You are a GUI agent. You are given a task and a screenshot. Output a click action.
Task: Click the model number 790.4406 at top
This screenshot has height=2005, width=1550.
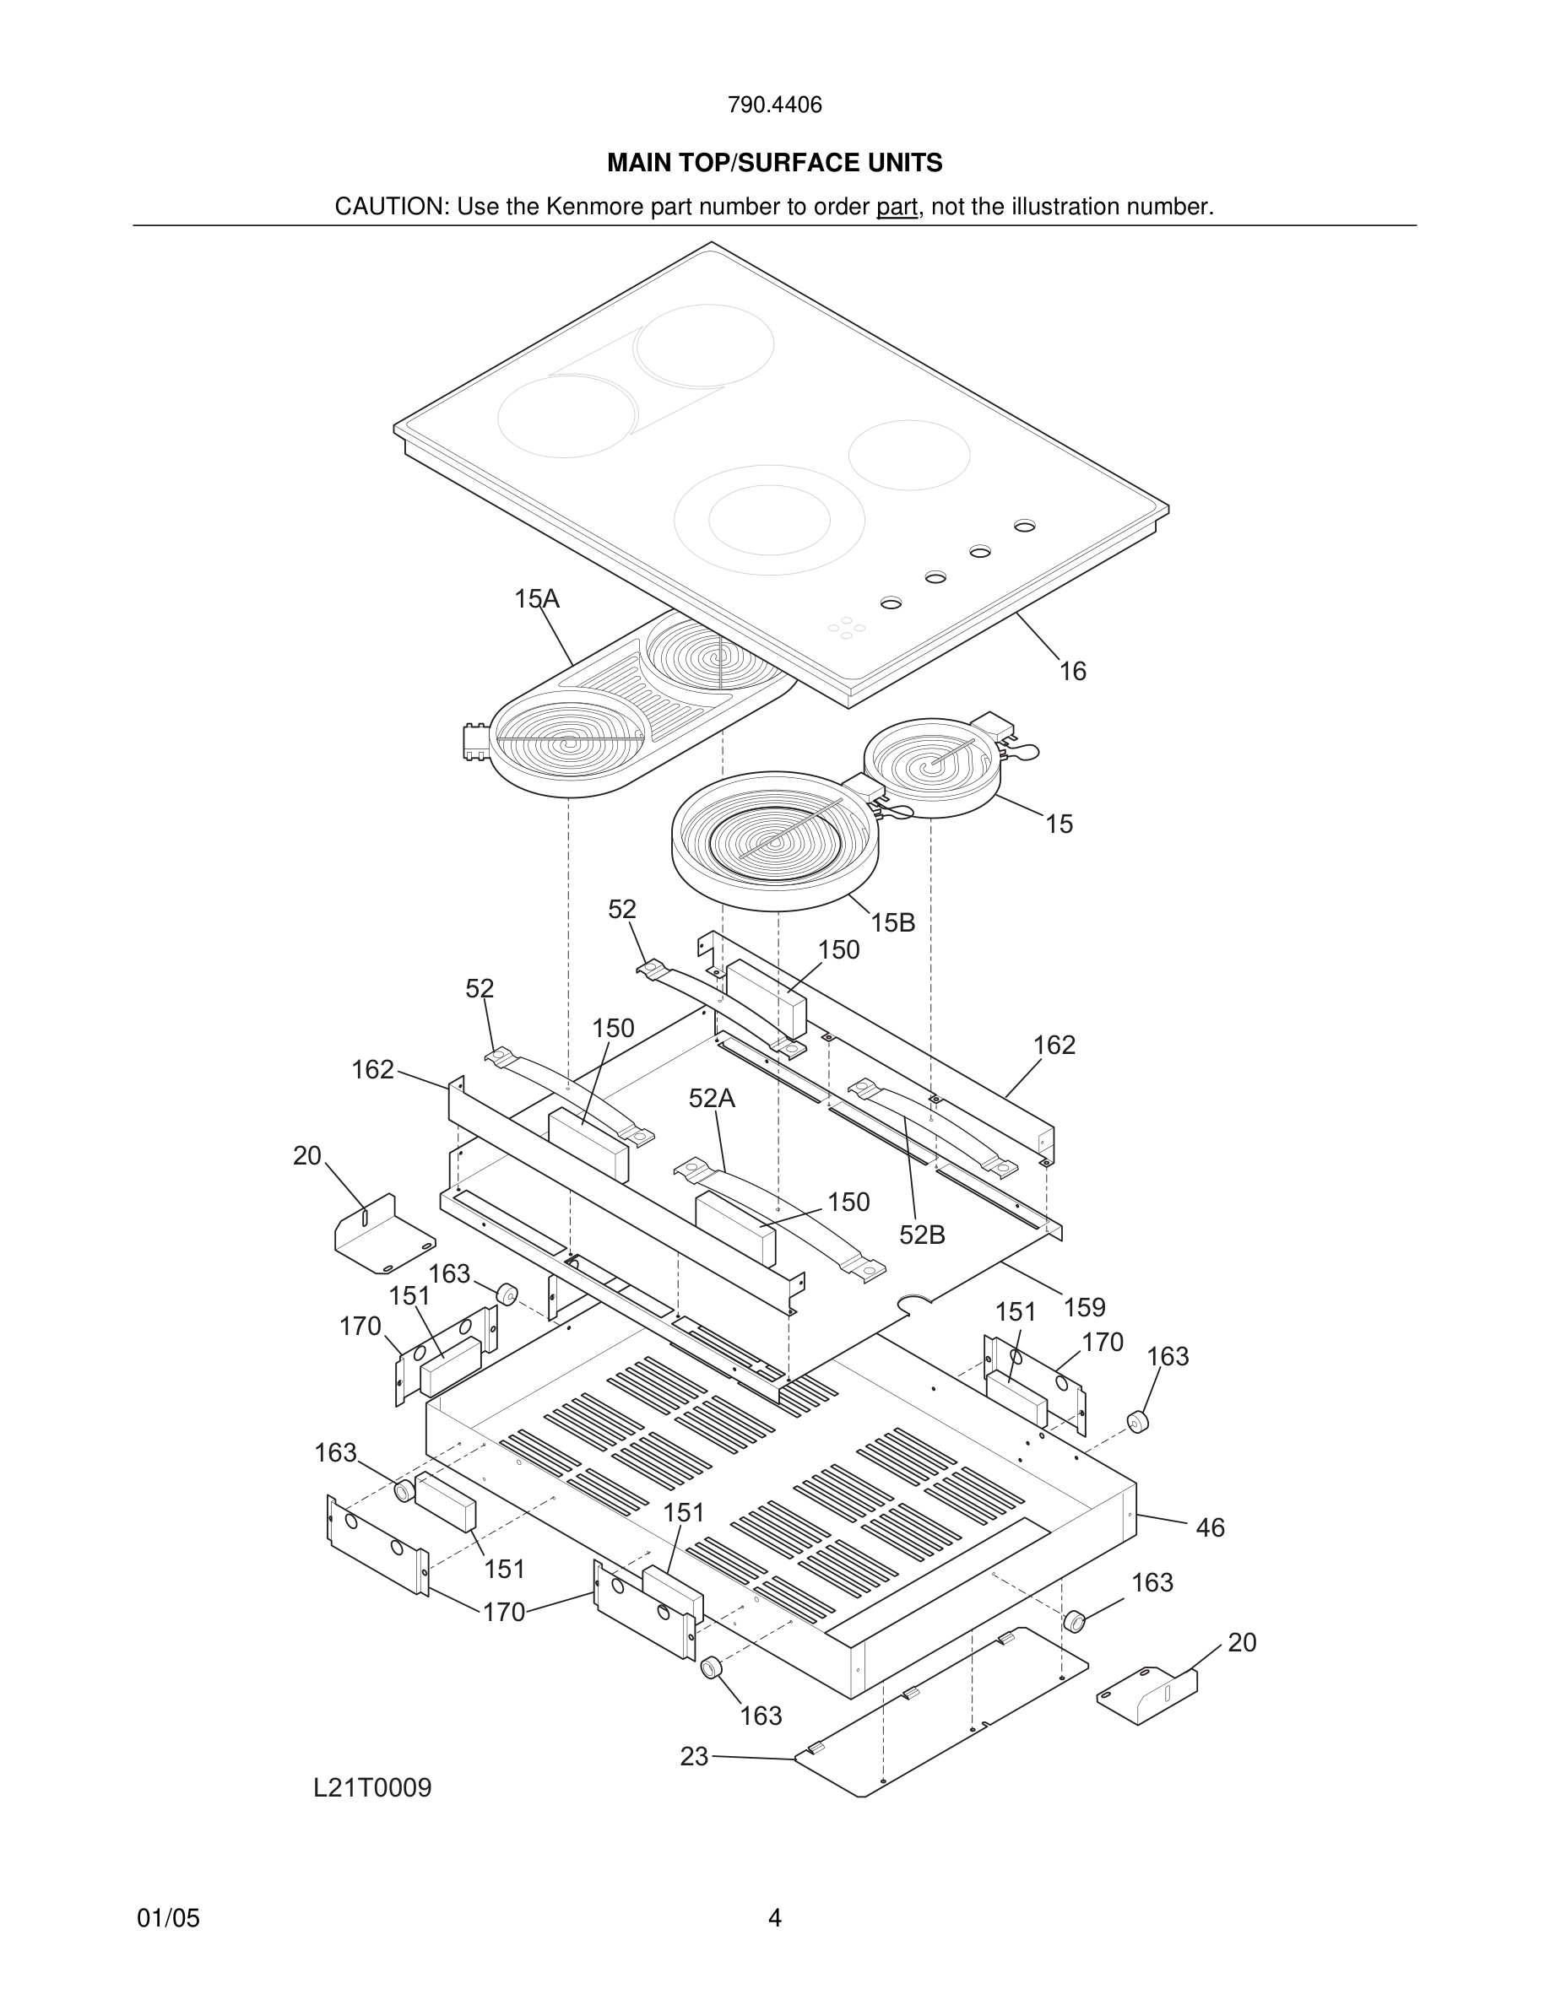click(x=774, y=105)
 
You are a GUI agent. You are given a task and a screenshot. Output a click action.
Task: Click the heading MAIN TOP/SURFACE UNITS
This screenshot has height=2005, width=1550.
click(x=774, y=164)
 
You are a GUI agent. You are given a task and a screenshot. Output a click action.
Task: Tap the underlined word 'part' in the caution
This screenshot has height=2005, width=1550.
click(x=897, y=208)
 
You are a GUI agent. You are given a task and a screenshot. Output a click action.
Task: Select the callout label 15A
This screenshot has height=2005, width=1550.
click(x=536, y=599)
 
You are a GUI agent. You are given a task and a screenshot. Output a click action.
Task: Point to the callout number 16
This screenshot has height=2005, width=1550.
click(x=1072, y=672)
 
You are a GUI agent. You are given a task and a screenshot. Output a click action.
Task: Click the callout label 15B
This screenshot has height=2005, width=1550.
click(x=892, y=923)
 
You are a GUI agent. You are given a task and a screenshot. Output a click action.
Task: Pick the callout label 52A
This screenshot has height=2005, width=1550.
click(x=712, y=1099)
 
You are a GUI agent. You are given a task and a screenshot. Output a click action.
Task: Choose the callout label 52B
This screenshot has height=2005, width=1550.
click(x=922, y=1235)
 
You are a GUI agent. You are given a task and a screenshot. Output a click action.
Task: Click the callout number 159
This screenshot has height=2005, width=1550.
click(x=1085, y=1307)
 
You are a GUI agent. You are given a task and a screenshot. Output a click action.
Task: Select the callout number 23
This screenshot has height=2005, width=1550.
click(x=694, y=1756)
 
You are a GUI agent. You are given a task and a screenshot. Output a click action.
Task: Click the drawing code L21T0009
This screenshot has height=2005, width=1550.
click(x=372, y=1788)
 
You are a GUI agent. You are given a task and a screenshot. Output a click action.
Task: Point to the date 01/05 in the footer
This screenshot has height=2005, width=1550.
click(x=168, y=1919)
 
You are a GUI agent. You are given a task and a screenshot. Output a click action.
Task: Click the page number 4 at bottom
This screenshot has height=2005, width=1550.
click(x=774, y=1919)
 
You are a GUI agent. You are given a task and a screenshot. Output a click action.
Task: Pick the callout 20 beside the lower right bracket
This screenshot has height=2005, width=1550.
click(x=1242, y=1642)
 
